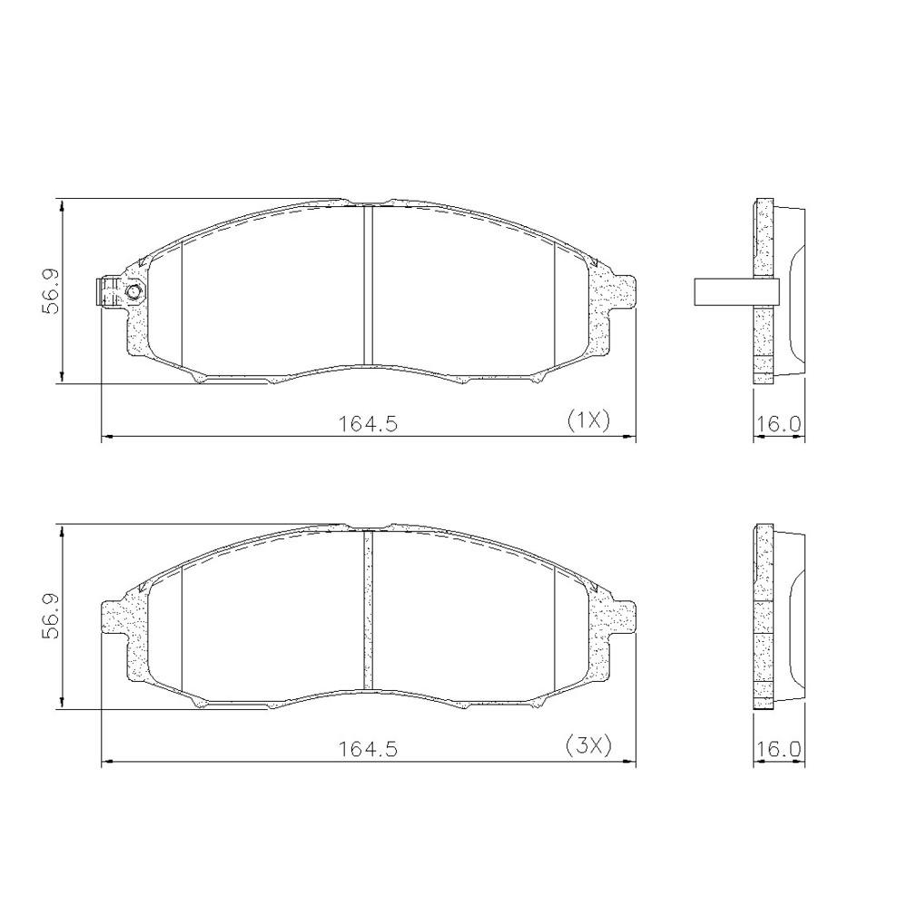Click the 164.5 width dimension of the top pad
click(x=368, y=423)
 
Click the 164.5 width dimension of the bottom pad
click(x=368, y=749)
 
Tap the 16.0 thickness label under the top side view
click(x=779, y=423)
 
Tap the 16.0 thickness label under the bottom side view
click(x=779, y=749)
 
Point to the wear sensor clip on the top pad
click(x=108, y=291)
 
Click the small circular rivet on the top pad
click(x=134, y=291)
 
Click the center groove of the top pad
click(x=368, y=286)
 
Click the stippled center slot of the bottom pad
click(x=368, y=611)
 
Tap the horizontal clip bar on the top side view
click(x=735, y=290)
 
